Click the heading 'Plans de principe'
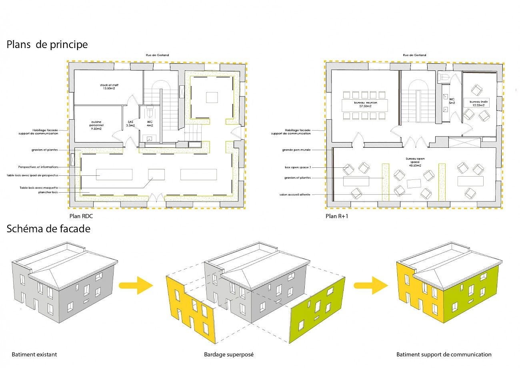coord(47,44)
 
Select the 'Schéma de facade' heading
coord(48,229)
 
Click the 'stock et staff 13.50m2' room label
coord(109,87)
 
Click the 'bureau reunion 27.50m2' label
coord(365,104)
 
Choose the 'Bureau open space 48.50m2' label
coord(415,161)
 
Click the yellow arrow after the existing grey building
coord(136,285)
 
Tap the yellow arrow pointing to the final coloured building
coord(370,285)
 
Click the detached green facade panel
coord(318,306)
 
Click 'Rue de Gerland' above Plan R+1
coord(414,55)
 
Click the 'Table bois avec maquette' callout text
coord(38,187)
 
